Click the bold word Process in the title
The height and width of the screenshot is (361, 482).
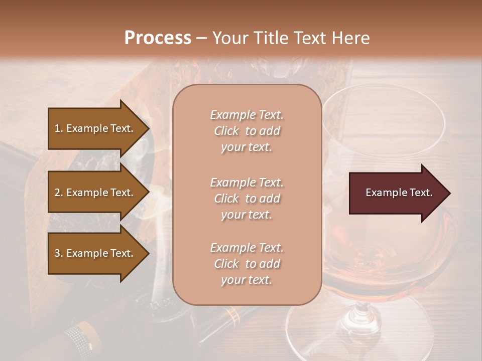coord(158,38)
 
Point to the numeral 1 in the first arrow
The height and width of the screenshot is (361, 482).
coord(57,128)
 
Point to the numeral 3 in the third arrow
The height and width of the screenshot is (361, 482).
coord(57,253)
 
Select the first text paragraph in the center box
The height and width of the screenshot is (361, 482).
coord(247,131)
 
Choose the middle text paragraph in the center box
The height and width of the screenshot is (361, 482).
coord(247,199)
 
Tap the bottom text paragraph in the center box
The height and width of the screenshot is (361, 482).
coord(247,264)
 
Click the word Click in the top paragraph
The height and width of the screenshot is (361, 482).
coord(226,131)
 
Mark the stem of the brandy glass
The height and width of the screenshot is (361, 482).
coord(359,313)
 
